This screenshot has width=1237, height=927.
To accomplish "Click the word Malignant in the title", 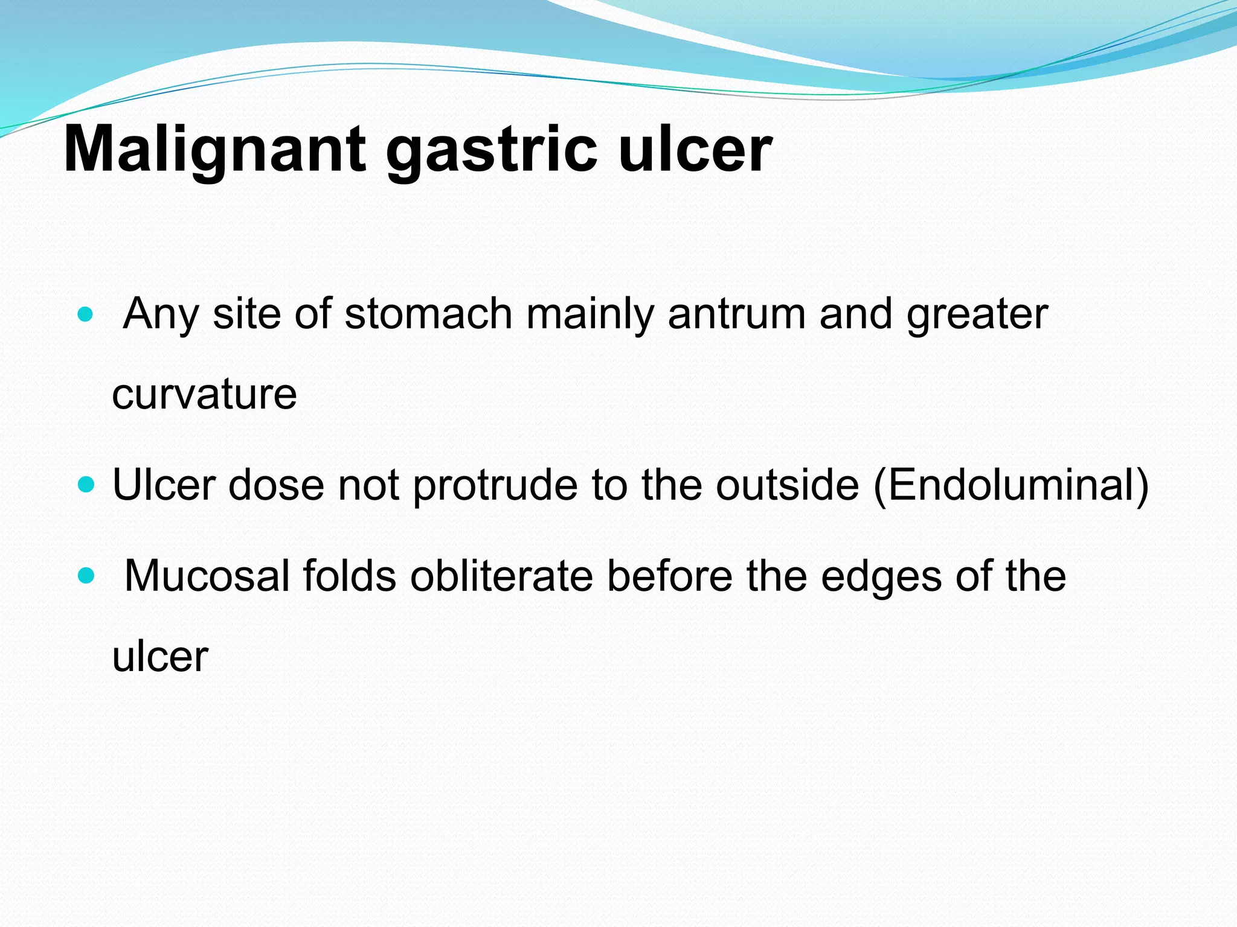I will coord(214,149).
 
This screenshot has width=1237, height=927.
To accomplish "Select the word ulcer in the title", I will coord(695,149).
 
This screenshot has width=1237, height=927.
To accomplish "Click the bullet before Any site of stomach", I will coord(86,314).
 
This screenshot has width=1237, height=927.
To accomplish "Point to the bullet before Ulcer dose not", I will coord(86,485).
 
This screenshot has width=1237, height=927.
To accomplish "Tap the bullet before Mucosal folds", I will coord(86,576).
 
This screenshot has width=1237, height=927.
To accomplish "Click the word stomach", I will coord(428,314).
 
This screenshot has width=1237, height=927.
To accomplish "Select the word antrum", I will coord(736,314).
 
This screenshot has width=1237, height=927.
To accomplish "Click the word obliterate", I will coord(501,576).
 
